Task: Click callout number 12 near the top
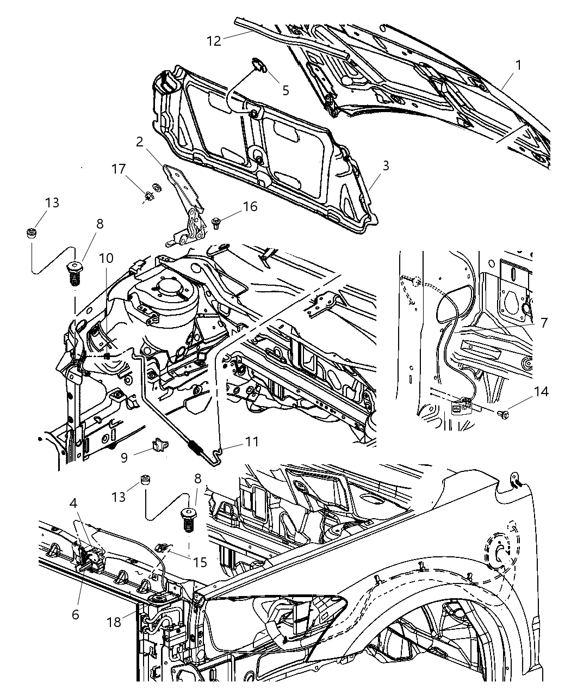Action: [x=214, y=40]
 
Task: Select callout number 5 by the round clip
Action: [x=285, y=89]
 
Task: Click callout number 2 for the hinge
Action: [x=140, y=142]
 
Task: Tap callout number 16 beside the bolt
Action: [x=250, y=206]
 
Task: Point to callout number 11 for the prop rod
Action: [x=251, y=441]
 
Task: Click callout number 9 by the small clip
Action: [x=125, y=457]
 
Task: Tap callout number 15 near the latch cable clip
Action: [x=201, y=562]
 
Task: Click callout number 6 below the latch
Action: [x=75, y=614]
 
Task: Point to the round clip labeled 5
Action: [x=259, y=66]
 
